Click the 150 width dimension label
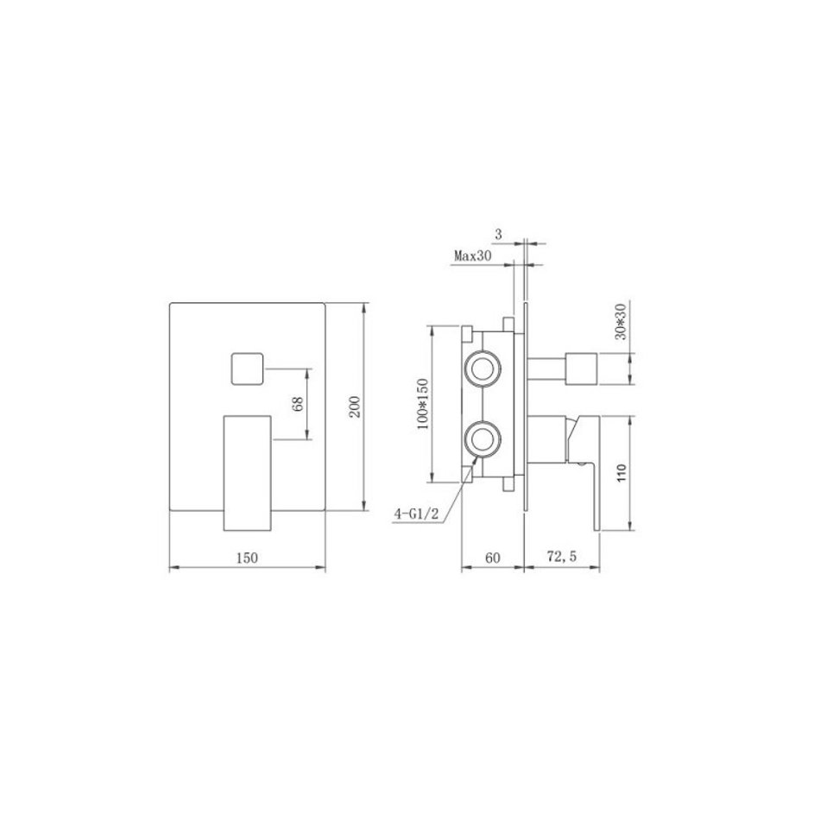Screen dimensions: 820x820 pos(247,558)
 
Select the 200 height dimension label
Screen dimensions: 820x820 pos(355,407)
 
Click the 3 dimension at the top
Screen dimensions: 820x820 pos(498,235)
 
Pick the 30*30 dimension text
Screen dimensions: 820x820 pos(621,321)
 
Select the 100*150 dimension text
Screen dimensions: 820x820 pos(423,404)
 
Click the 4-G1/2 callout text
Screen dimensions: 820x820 pos(416,514)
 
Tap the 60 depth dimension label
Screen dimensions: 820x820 pos(493,558)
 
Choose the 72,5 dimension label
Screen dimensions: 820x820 pos(562,557)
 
